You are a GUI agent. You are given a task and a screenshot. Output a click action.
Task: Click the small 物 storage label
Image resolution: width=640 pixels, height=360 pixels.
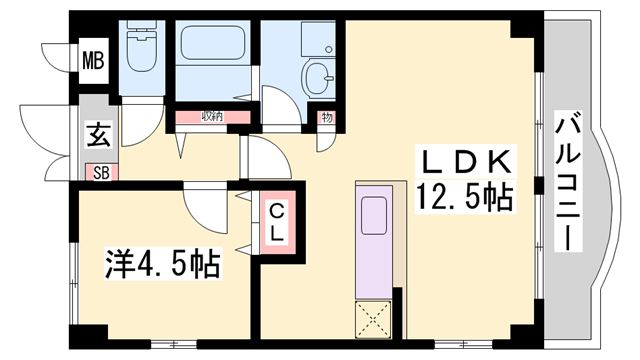pyautogui.click(x=326, y=117)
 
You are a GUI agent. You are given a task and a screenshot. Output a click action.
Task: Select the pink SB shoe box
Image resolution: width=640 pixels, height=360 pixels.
pyautogui.click(x=101, y=171)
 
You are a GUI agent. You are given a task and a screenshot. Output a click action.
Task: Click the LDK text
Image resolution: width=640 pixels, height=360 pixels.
pyautogui.click(x=465, y=161)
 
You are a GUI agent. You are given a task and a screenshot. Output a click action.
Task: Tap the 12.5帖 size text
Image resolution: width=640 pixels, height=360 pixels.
pyautogui.click(x=465, y=195)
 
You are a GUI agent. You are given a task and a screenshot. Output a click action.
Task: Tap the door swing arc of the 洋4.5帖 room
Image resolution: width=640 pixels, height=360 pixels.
pyautogui.click(x=208, y=205)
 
